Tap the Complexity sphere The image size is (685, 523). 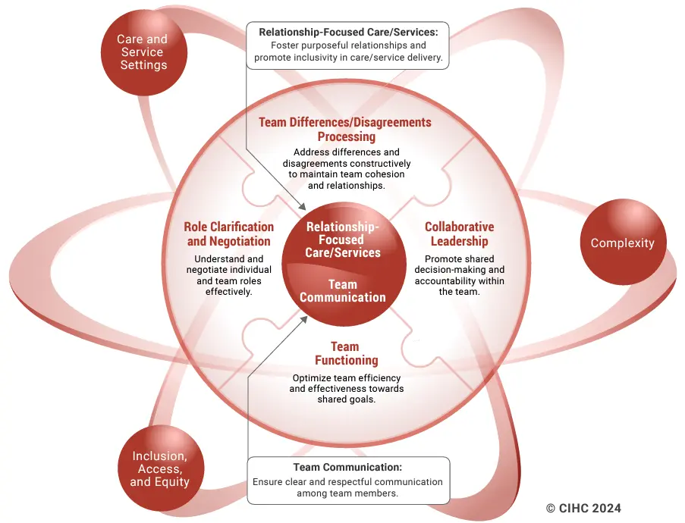(x=622, y=243)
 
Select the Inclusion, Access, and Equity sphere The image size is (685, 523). (x=159, y=468)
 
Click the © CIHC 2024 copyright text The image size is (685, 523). (x=583, y=508)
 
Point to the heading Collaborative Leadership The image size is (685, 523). (x=459, y=234)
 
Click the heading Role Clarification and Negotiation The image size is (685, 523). (x=228, y=234)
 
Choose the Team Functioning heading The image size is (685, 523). (x=346, y=353)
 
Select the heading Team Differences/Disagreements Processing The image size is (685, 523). (x=344, y=130)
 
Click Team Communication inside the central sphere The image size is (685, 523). (x=342, y=291)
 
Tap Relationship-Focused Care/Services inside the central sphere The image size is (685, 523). (x=342, y=240)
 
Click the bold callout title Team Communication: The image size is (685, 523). (x=347, y=467)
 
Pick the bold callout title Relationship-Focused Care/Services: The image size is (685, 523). (x=347, y=32)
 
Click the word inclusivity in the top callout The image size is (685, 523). (x=310, y=58)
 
